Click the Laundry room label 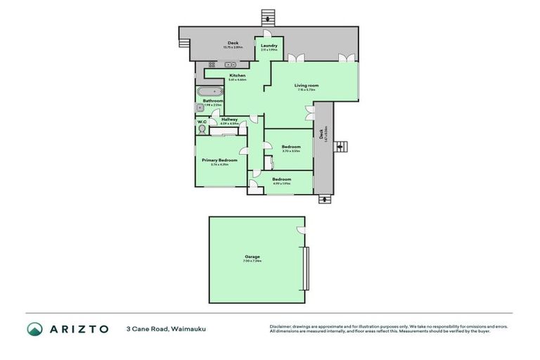pyautogui.click(x=269, y=46)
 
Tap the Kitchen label pyautogui.click(x=237, y=75)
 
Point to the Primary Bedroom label pyautogui.click(x=219, y=160)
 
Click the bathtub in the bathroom pyautogui.click(x=209, y=91)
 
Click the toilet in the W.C pyautogui.click(x=203, y=129)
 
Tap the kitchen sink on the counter pyautogui.click(x=213, y=65)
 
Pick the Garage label pyautogui.click(x=252, y=257)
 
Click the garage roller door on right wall pyautogui.click(x=305, y=268)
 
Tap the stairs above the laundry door pyautogui.click(x=266, y=16)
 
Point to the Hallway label pyautogui.click(x=229, y=120)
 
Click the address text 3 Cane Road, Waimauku pyautogui.click(x=166, y=329)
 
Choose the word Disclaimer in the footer pyautogui.click(x=281, y=326)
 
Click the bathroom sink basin pyautogui.click(x=200, y=108)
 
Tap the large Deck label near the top pyautogui.click(x=233, y=42)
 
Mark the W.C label pyautogui.click(x=202, y=120)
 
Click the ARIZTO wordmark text pyautogui.click(x=79, y=329)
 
